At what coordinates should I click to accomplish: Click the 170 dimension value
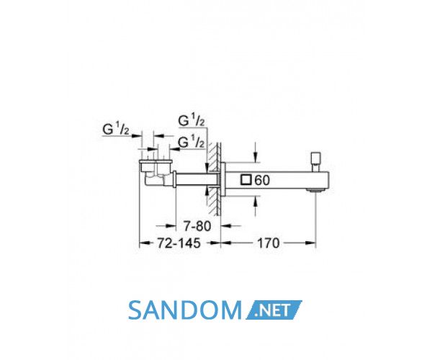click(x=268, y=243)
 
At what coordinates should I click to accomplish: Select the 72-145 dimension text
click(x=179, y=243)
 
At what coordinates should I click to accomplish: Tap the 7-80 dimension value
click(x=197, y=226)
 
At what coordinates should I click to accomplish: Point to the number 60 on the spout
click(x=262, y=181)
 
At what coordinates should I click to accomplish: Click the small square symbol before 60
click(x=246, y=180)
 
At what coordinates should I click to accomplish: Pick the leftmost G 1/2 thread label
click(x=116, y=130)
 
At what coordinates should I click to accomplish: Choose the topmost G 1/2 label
click(x=192, y=120)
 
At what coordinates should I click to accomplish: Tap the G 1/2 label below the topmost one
click(x=192, y=142)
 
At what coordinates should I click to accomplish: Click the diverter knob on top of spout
click(x=315, y=162)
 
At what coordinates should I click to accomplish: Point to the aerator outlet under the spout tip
click(x=315, y=190)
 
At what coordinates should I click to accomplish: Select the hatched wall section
click(x=215, y=179)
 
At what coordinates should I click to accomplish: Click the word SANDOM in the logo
click(x=185, y=310)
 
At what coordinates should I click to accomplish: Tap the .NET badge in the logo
click(x=274, y=310)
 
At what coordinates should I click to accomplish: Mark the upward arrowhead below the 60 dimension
click(x=256, y=201)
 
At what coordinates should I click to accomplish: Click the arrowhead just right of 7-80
click(x=226, y=226)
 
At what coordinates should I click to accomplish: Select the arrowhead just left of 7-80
click(x=171, y=226)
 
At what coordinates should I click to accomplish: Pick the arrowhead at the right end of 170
click(x=310, y=243)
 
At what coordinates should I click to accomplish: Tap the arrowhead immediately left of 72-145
click(x=145, y=243)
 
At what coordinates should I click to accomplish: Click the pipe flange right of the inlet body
click(x=175, y=179)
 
